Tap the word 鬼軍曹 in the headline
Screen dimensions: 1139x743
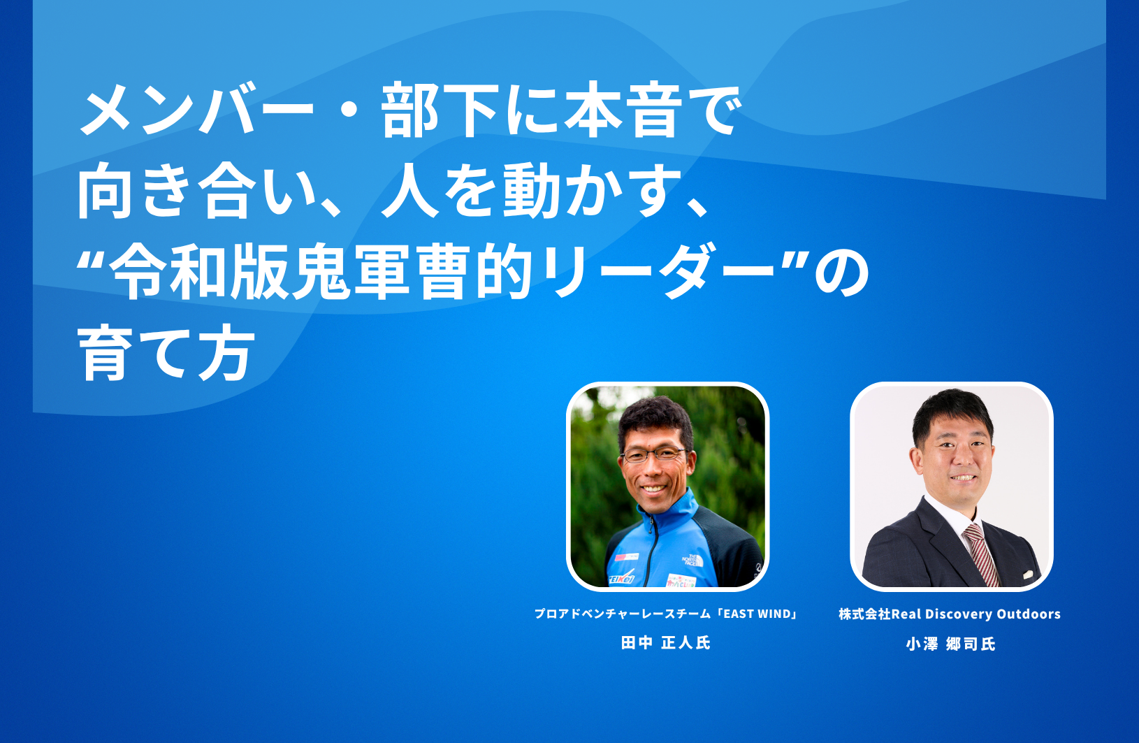(382, 272)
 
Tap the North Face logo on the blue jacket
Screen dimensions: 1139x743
(692, 561)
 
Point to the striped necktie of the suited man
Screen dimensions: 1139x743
(982, 554)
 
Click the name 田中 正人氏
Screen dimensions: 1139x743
(666, 643)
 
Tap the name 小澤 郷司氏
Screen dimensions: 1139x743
(950, 644)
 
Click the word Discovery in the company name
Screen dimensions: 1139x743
(959, 614)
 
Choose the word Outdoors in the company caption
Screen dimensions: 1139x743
(1029, 614)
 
